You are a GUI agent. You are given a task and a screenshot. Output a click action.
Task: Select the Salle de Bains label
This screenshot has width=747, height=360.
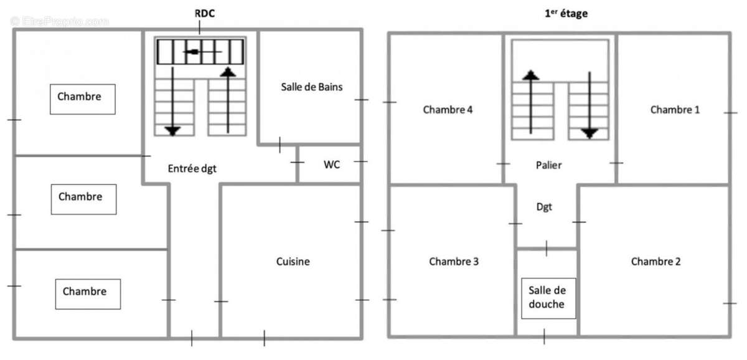click(x=311, y=87)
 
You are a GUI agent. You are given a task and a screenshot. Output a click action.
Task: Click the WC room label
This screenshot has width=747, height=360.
click(x=331, y=165)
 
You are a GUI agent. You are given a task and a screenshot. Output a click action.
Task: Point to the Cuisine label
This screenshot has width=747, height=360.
click(x=293, y=262)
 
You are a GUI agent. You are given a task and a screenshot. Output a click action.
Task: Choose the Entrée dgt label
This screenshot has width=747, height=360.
click(x=192, y=168)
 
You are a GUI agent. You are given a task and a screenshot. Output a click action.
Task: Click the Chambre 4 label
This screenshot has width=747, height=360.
click(x=448, y=110)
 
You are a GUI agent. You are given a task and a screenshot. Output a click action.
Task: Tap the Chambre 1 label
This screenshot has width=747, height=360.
click(x=675, y=110)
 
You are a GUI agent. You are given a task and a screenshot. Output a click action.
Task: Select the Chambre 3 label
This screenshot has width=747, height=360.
click(x=454, y=262)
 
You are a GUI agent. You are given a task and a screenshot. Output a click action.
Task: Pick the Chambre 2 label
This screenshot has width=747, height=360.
click(x=655, y=262)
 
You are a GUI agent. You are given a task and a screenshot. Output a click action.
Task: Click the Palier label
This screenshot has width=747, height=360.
click(x=548, y=165)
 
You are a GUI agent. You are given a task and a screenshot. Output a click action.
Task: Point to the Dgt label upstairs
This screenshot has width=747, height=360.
click(x=545, y=206)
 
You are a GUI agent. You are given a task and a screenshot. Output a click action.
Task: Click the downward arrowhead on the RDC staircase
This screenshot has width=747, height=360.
click(x=172, y=130)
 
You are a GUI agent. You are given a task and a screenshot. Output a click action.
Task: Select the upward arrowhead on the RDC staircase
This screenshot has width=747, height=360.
click(x=228, y=72)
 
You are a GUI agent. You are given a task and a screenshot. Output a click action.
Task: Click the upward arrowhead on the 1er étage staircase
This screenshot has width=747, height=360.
click(x=530, y=75)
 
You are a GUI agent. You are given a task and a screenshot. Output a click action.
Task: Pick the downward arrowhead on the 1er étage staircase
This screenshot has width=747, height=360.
click(x=589, y=132)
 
